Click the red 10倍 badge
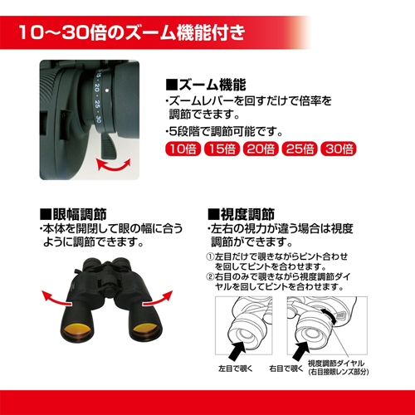183,149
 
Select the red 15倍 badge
222,149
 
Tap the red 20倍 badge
261,149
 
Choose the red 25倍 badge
300,149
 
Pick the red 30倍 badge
339,149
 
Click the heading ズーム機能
206,85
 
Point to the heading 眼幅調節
73,214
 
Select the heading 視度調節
241,214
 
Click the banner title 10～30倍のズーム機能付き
132,32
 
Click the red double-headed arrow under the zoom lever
113,166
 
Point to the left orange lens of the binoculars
77,330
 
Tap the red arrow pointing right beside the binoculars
159,299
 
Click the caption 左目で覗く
236,369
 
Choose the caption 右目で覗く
286,369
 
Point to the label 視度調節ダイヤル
336,364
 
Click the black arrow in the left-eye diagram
237,350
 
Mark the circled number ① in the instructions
210,256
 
